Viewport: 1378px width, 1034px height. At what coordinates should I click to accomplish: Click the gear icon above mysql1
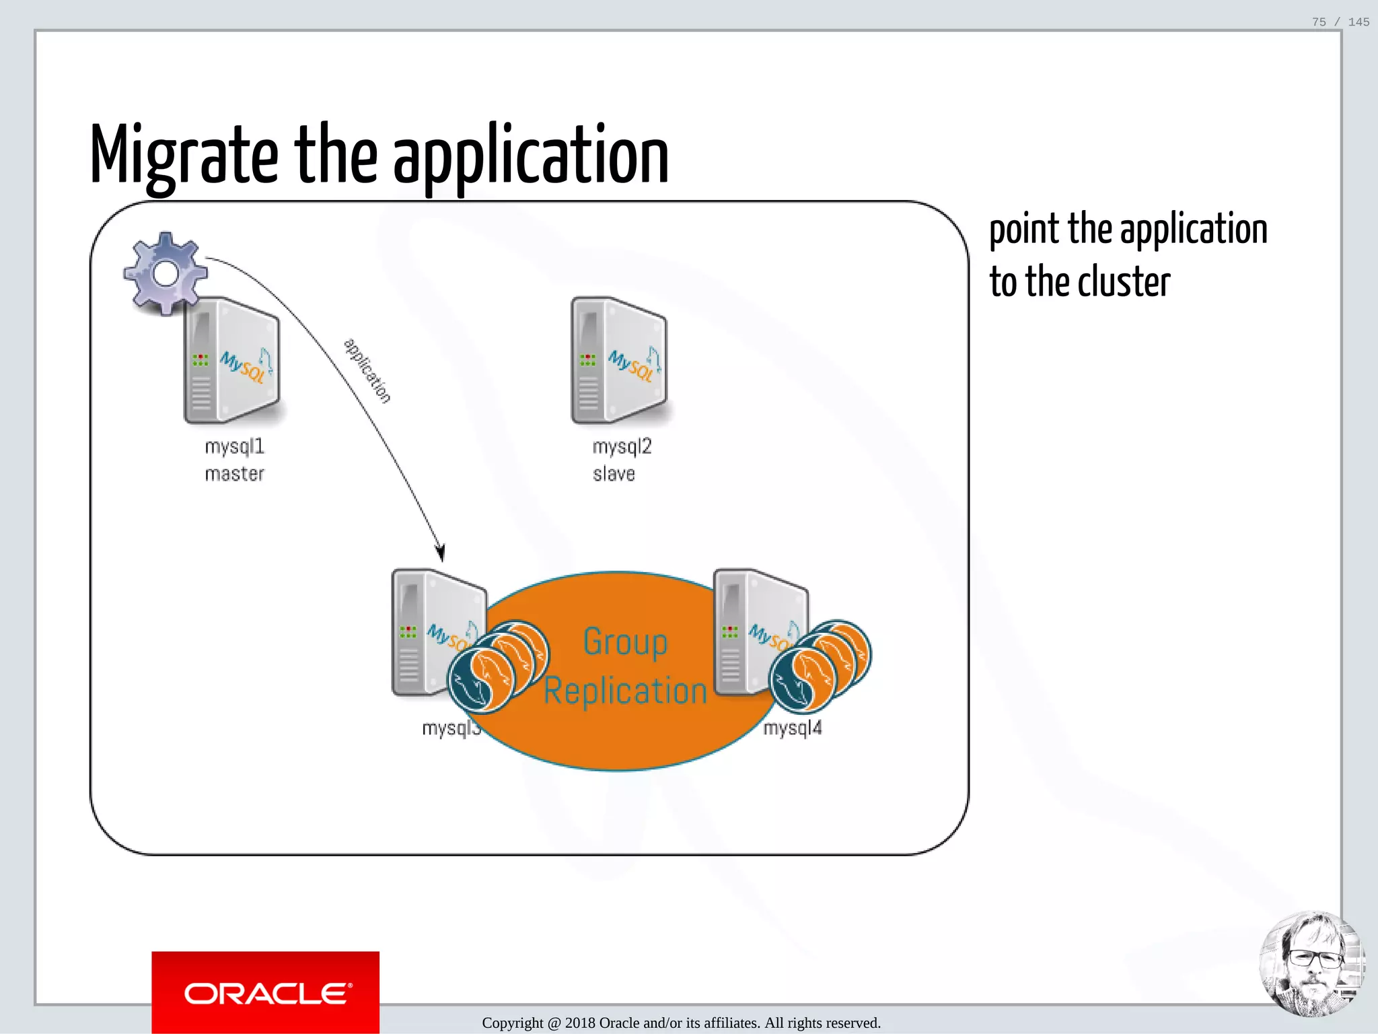pos(166,273)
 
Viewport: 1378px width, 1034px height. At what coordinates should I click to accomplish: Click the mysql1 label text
pos(234,446)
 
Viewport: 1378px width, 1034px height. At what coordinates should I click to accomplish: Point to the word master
pos(234,474)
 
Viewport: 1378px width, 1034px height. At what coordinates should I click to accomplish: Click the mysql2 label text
pos(622,446)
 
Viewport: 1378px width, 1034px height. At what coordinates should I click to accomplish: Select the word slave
pos(614,474)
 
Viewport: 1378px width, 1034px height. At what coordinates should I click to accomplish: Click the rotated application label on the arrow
pos(367,370)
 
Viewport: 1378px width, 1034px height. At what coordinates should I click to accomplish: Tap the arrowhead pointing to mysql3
pos(441,553)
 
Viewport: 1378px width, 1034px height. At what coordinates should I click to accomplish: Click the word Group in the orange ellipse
pos(625,642)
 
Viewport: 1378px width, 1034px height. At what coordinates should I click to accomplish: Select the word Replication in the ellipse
pos(625,691)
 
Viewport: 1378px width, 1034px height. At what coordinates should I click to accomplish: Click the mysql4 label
pos(793,728)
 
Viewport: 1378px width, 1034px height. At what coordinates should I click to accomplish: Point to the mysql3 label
pos(449,728)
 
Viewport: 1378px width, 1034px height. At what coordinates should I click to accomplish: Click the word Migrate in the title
pos(184,156)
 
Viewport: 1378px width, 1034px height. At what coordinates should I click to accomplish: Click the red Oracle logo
pos(265,992)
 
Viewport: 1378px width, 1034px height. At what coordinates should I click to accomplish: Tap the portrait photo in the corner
pos(1311,964)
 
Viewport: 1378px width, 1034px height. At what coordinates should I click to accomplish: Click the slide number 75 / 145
pos(1340,22)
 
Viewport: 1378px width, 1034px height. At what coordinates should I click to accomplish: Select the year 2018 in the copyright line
pos(580,1023)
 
